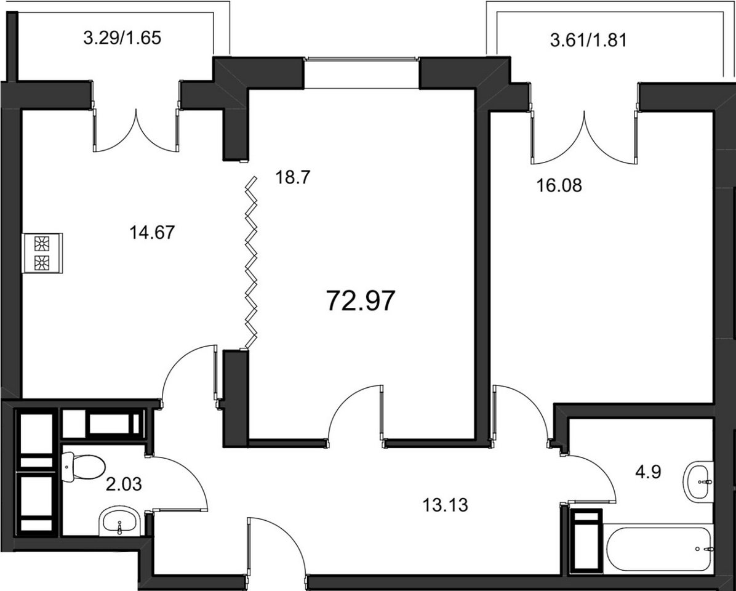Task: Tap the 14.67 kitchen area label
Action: pyautogui.click(x=152, y=232)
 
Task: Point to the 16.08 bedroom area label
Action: pyautogui.click(x=559, y=185)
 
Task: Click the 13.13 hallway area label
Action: pyautogui.click(x=445, y=505)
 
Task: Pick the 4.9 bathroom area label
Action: pyautogui.click(x=648, y=472)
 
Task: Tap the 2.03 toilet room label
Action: pyautogui.click(x=124, y=483)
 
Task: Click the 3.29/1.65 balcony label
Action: pyautogui.click(x=122, y=38)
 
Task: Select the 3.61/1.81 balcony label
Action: pyautogui.click(x=588, y=41)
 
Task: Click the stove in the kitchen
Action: pyautogui.click(x=42, y=253)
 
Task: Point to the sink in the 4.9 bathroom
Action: pyautogui.click(x=699, y=481)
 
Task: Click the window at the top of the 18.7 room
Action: pyautogui.click(x=361, y=58)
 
